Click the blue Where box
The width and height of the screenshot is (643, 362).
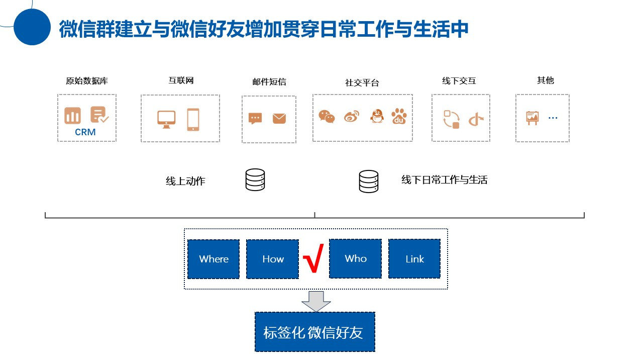click(213, 259)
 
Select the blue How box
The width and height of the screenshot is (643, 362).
click(273, 259)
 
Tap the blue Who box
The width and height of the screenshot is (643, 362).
click(356, 258)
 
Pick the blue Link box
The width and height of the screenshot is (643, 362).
click(414, 259)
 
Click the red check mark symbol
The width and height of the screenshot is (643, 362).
click(313, 258)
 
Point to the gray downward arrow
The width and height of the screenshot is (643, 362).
click(316, 301)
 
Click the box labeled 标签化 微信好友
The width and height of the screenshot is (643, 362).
click(315, 332)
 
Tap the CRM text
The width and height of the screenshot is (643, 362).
click(85, 133)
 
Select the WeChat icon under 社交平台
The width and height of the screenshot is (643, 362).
click(327, 117)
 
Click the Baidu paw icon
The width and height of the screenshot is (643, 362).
click(399, 116)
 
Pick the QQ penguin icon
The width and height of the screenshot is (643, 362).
click(377, 116)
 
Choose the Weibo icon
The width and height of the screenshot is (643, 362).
click(352, 117)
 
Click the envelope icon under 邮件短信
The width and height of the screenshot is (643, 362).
click(279, 119)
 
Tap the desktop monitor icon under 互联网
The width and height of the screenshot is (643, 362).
click(166, 119)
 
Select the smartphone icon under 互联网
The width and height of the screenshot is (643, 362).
click(193, 120)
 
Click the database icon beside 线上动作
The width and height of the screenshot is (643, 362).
click(255, 180)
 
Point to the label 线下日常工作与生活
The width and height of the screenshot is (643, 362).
click(445, 180)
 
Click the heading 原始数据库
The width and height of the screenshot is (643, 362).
click(87, 80)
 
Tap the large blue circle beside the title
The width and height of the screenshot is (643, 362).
click(32, 27)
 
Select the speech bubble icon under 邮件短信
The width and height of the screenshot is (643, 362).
click(255, 119)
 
